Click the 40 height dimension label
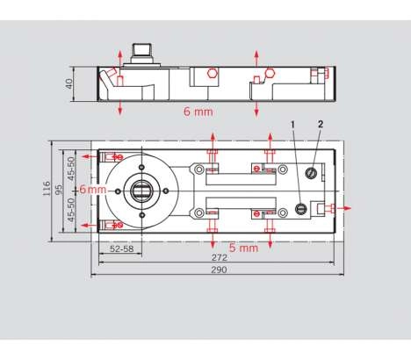point(69,84)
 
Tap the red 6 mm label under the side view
point(198,112)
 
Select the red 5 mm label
point(243,248)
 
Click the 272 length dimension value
point(220,257)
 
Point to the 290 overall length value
point(219,270)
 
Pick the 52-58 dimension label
point(122,248)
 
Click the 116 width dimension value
point(47,189)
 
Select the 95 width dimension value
point(59,189)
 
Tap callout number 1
point(292,125)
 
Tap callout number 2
point(321,124)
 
